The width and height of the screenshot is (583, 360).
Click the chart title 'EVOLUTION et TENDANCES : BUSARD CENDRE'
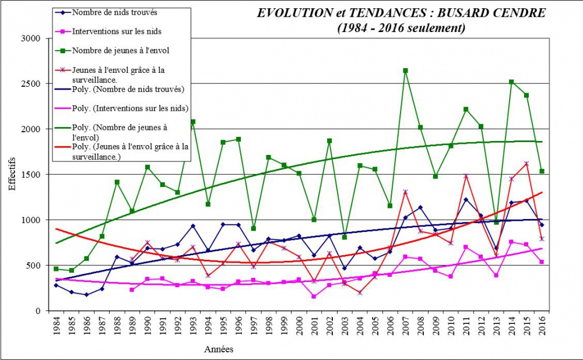(402, 13)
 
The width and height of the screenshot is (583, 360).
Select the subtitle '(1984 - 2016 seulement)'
(402, 27)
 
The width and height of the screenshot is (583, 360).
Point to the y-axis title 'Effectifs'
(12, 174)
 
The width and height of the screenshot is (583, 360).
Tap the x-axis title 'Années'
(219, 350)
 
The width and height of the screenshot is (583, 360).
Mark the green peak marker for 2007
(406, 70)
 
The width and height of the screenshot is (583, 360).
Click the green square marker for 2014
(512, 82)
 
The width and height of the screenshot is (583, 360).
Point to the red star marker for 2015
(527, 164)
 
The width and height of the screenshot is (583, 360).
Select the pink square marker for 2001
(314, 297)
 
